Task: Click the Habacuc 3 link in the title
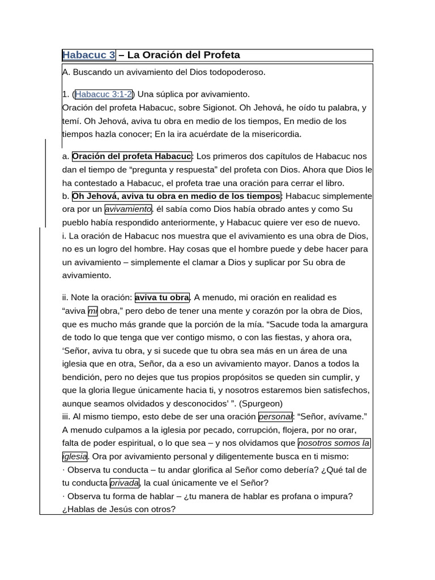point(89,55)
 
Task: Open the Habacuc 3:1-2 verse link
point(104,94)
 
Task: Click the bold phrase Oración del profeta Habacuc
point(132,156)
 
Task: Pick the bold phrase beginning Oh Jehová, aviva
point(176,197)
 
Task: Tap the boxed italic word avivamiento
point(128,210)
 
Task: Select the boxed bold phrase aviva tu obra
point(162,297)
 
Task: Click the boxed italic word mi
point(93,311)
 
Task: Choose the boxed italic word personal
point(275,417)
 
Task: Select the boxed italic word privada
point(124,483)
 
